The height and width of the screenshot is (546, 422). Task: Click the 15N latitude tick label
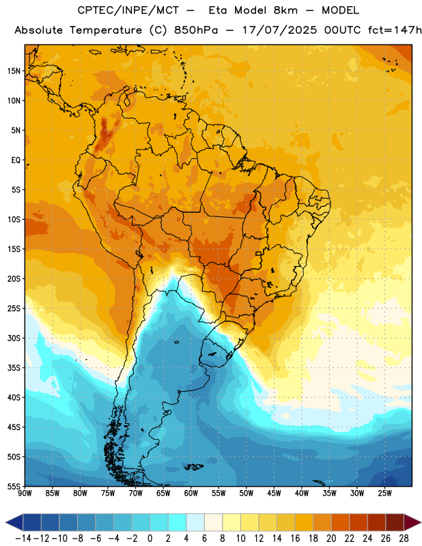point(14,71)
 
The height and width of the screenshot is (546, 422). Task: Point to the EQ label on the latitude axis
point(16,160)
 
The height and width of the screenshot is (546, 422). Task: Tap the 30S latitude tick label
point(14,338)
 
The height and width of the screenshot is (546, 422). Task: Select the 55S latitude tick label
point(14,487)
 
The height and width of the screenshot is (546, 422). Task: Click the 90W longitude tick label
point(25,493)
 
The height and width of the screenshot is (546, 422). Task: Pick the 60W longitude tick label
point(191,493)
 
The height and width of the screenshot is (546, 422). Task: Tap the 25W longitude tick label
point(384,493)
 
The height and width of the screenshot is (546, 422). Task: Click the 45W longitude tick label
point(274,493)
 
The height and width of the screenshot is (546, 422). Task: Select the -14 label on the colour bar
point(23,538)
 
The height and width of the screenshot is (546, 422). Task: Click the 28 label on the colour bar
point(404,538)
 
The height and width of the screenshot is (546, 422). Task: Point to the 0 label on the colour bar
point(150,538)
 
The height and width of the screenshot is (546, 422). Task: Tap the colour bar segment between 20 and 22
point(341,523)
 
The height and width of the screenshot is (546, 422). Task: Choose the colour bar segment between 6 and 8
point(214,523)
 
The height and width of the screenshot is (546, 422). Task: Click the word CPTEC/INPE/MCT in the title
point(128,10)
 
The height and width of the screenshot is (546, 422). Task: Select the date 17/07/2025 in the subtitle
point(279,30)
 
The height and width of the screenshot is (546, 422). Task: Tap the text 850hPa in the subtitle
point(196,30)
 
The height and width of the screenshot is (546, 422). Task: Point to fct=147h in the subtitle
point(395,30)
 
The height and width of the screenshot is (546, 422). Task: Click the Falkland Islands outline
point(193,467)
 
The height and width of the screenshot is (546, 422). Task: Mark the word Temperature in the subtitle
point(106,31)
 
